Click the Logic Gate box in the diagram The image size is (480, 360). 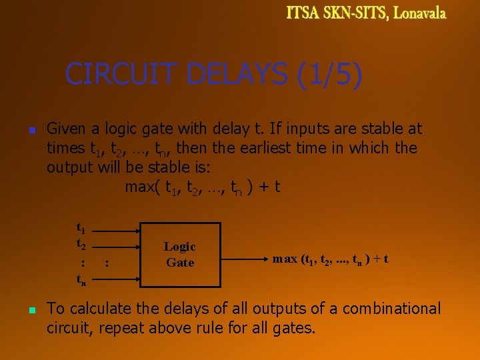click(179, 254)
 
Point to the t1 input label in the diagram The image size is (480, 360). click(81, 229)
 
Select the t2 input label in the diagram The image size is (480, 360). click(81, 243)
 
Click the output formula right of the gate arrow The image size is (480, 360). click(331, 259)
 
